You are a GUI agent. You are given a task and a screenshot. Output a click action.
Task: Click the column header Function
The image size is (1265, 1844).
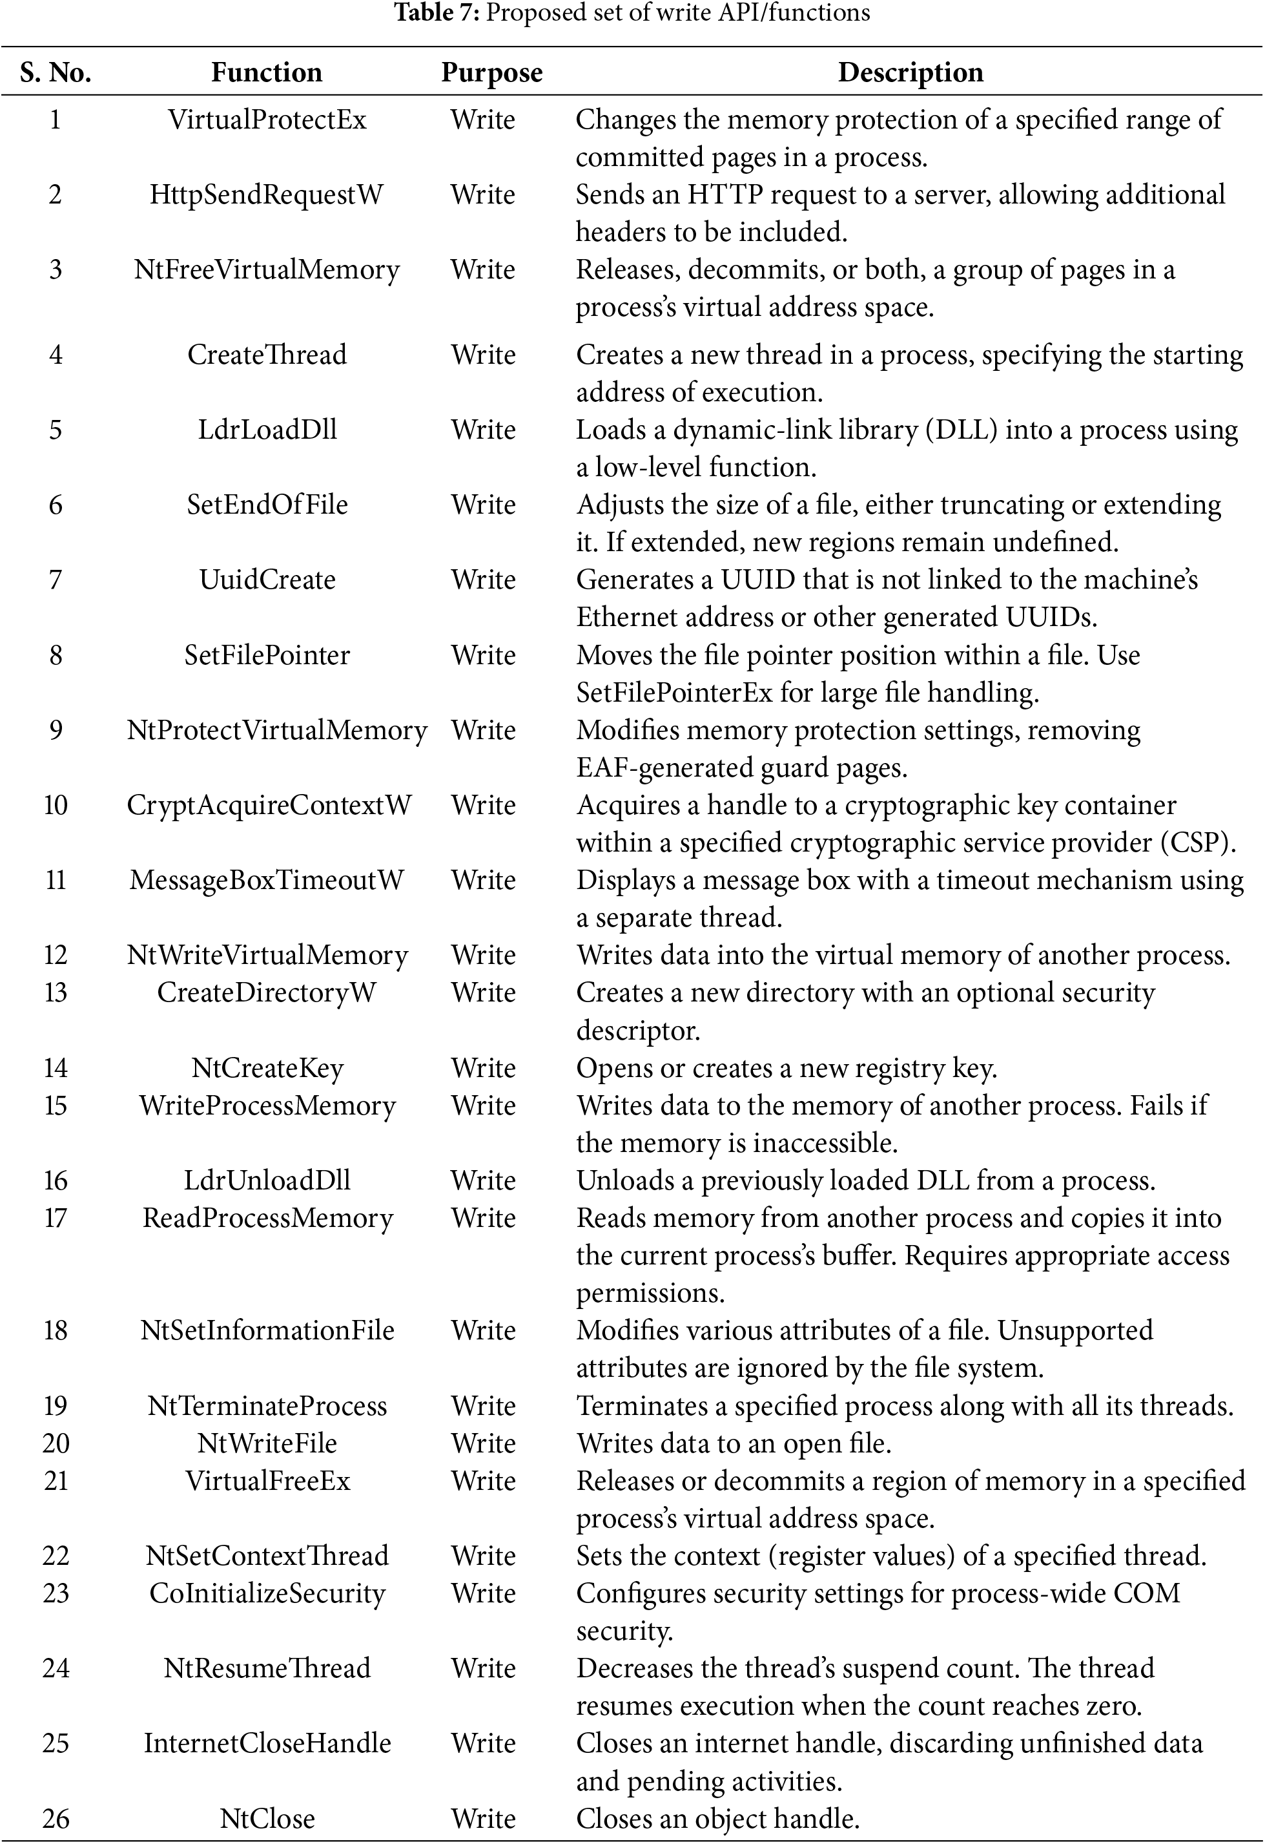coord(267,72)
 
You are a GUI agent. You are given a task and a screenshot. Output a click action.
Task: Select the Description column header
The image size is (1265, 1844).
coord(910,72)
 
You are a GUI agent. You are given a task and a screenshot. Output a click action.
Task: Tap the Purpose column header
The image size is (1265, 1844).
coord(491,72)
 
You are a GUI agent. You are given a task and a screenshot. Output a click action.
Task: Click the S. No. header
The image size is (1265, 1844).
coord(56,72)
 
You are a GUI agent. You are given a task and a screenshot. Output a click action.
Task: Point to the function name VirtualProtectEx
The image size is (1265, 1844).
coord(267,120)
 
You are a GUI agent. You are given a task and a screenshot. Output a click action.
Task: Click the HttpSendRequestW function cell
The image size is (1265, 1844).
coord(267,194)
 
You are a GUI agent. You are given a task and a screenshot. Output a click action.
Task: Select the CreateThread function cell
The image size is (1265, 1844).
coord(267,354)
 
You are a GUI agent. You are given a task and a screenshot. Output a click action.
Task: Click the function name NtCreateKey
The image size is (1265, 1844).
coord(267,1068)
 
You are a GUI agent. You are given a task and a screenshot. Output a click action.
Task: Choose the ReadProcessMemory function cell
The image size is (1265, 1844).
coord(267,1218)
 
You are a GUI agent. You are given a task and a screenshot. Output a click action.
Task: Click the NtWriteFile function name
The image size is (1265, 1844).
coord(267,1443)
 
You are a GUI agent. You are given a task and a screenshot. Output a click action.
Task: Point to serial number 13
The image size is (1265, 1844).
coord(56,992)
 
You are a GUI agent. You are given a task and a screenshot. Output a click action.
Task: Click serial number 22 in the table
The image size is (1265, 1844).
coord(56,1556)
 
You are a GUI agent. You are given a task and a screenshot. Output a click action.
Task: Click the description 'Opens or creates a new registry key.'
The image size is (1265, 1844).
coord(786,1068)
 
